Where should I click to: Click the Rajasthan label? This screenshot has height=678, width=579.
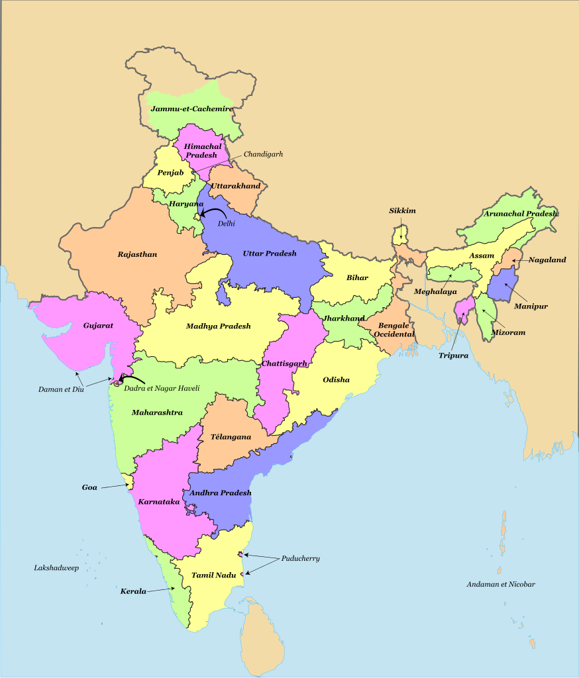coord(137,254)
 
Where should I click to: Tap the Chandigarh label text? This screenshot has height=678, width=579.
coord(263,154)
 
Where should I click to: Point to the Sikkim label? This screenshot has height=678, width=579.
coord(402,211)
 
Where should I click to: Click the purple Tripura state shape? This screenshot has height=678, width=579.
coord(462,310)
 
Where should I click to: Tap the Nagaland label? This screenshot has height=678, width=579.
coord(547,260)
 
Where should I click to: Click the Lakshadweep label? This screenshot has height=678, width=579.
coord(56,568)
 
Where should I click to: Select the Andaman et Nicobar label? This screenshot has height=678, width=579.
coord(500,584)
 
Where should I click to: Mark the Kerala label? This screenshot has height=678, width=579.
coord(133,591)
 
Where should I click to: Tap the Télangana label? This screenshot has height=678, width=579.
coord(231,437)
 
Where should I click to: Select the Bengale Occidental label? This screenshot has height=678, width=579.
coord(395,330)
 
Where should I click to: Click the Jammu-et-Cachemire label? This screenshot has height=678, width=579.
coord(191,109)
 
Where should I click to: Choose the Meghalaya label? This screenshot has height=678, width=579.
coord(435,291)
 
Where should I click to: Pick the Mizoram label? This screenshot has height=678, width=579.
coord(509,332)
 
